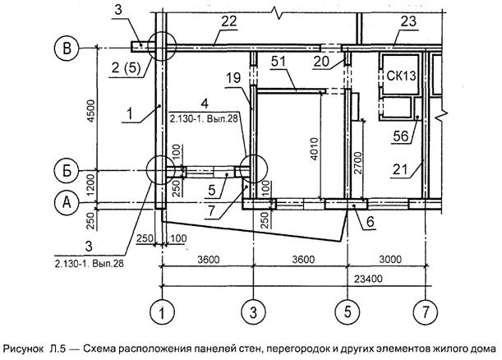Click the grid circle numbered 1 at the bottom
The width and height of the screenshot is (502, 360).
point(163,312)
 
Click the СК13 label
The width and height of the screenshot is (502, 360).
point(404,76)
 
